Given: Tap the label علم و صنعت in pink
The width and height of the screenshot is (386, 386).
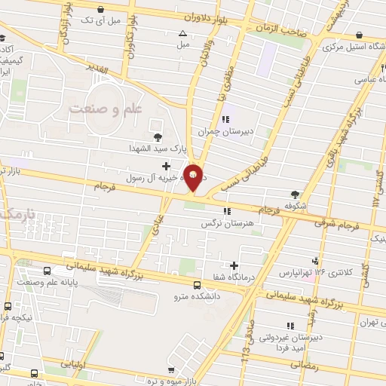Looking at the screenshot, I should (x=106, y=109).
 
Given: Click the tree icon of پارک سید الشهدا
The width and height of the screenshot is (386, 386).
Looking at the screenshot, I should (x=157, y=136).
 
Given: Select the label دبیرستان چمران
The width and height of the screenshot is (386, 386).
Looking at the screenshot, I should (x=223, y=131).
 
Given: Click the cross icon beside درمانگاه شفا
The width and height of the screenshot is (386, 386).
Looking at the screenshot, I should (x=234, y=265).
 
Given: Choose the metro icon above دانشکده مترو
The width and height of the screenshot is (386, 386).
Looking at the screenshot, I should (x=197, y=285).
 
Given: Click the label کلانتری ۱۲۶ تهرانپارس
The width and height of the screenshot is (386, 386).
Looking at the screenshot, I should (x=310, y=271).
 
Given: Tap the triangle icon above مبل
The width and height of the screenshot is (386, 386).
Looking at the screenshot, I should (x=182, y=33).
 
